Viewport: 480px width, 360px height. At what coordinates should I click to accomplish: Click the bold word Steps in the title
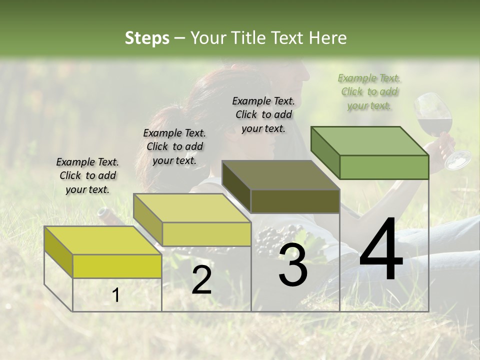(147, 38)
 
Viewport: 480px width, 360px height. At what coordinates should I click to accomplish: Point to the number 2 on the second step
(201, 280)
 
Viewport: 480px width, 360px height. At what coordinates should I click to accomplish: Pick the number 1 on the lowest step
(115, 295)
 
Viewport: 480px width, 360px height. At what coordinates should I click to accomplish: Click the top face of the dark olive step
(280, 175)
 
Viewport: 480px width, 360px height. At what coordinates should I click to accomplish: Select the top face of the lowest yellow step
(102, 240)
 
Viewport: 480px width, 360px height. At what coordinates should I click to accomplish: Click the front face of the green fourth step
(384, 167)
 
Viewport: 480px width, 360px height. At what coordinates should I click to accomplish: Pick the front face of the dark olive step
(295, 201)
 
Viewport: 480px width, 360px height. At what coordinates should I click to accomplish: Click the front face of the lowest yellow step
(117, 266)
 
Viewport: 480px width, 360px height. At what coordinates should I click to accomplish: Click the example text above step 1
(87, 175)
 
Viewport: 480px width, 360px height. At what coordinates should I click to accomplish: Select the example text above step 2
(174, 146)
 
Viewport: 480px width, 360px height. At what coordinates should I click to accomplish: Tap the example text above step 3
(263, 114)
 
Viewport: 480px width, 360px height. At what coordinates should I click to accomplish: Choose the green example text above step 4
(369, 91)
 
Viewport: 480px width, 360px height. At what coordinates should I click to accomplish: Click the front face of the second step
(206, 234)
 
